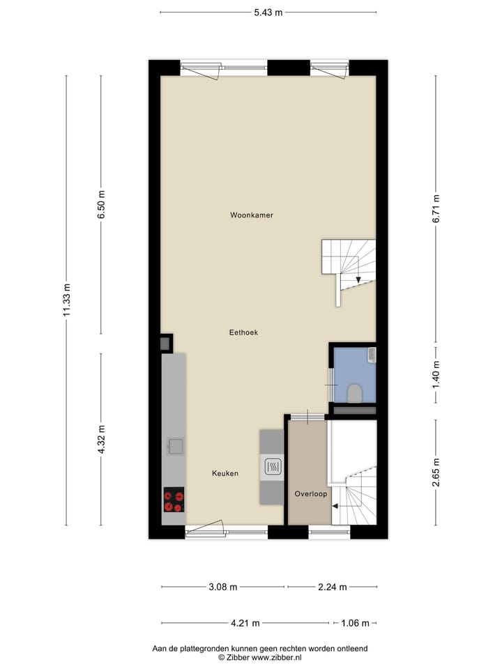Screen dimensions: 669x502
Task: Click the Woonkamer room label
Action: point(252,215)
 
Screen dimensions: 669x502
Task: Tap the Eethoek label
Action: point(243,333)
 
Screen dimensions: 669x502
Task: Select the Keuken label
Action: point(225,474)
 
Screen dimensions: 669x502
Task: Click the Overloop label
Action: point(311,493)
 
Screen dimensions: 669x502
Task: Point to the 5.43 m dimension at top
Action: point(268,12)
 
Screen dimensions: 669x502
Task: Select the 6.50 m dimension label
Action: point(101,205)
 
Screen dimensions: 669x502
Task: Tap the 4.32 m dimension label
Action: point(101,440)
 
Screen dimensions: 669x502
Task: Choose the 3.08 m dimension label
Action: point(222,587)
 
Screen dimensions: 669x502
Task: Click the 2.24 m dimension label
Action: point(332,587)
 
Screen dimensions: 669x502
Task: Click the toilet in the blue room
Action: point(355,392)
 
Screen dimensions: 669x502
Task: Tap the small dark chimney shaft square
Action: point(165,343)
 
